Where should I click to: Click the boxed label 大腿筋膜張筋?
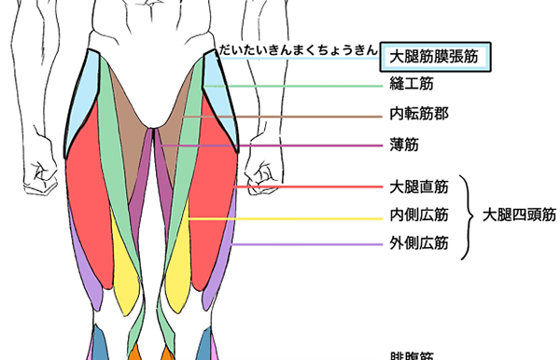pos(435,57)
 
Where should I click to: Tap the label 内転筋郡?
pos(418,117)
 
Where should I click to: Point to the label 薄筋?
pos(403,145)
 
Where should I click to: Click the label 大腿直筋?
pos(418,187)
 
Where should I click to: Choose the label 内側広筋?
pos(418,215)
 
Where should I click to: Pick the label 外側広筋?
pos(418,244)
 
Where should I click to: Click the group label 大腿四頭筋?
pos(519,215)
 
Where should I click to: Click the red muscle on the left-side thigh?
pos(89,196)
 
